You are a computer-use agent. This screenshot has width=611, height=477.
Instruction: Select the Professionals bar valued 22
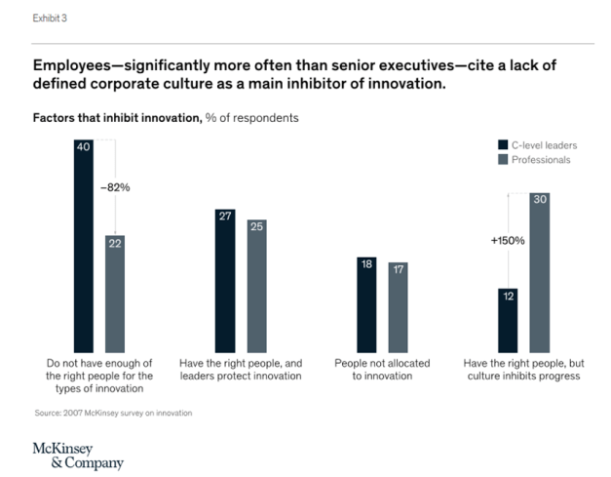(x=115, y=293)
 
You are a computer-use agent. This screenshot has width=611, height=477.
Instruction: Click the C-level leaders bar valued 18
(x=366, y=303)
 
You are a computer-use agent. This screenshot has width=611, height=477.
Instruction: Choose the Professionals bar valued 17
(x=398, y=306)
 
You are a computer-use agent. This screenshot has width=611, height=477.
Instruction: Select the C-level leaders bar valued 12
(x=508, y=319)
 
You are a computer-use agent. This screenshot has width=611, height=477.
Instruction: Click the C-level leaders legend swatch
(x=502, y=142)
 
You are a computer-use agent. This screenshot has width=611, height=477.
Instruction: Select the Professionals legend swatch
(x=502, y=159)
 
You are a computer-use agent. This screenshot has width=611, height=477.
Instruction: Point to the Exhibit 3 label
(x=51, y=19)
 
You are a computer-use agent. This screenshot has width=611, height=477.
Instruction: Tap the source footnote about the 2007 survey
(x=112, y=414)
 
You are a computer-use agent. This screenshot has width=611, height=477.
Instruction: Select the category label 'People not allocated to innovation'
(x=382, y=369)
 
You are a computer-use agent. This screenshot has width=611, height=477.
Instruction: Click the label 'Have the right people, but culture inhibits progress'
(x=523, y=369)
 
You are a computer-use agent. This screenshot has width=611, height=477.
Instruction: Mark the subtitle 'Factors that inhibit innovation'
(x=116, y=118)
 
